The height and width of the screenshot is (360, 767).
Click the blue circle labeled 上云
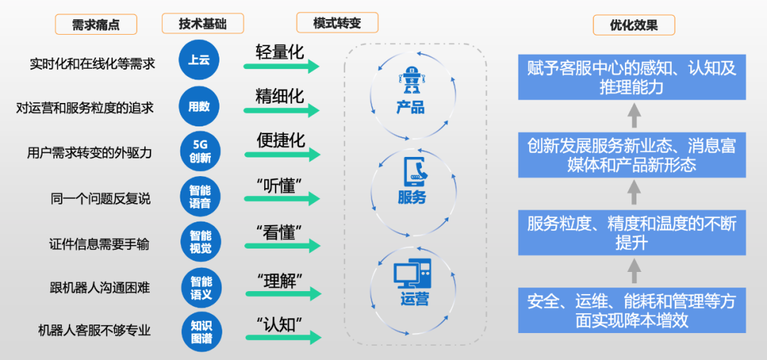(199, 63)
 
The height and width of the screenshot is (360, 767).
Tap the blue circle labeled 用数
(199, 107)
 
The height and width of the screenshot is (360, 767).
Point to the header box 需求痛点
(96, 25)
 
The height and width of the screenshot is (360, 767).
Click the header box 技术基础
(202, 23)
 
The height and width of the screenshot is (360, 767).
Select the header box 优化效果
(633, 26)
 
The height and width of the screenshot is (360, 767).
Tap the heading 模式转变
(337, 23)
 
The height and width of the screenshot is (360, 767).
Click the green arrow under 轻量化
(281, 67)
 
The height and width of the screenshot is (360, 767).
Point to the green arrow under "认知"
(281, 337)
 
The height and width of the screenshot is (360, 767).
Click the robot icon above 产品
(410, 83)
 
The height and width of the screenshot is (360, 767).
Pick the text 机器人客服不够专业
(94, 331)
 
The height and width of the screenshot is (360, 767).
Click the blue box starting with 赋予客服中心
(631, 77)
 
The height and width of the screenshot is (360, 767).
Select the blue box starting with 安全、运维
(631, 310)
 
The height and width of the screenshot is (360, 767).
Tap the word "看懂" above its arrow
(279, 232)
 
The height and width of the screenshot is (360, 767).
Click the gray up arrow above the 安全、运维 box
(634, 271)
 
